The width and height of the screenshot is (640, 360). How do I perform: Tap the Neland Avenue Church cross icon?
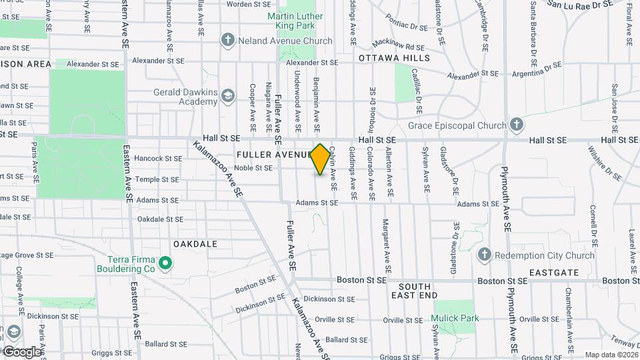pyautogui.click(x=228, y=41)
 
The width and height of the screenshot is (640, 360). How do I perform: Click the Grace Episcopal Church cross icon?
pyautogui.click(x=516, y=124)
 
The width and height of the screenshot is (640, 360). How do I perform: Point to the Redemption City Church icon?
pyautogui.click(x=485, y=255)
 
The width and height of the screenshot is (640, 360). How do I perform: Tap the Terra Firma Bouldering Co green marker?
pyautogui.click(x=165, y=264)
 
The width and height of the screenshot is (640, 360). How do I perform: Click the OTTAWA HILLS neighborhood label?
pyautogui.click(x=394, y=58)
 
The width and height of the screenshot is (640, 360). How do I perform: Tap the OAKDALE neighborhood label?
pyautogui.click(x=195, y=244)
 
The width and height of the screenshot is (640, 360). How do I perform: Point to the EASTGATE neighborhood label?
pyautogui.click(x=552, y=273)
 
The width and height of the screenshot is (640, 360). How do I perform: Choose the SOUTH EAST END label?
pyautogui.click(x=414, y=291)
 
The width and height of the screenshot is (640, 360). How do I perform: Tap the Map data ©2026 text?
pyautogui.click(x=610, y=355)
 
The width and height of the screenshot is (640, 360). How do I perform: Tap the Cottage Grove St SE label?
pyautogui.click(x=27, y=255)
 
